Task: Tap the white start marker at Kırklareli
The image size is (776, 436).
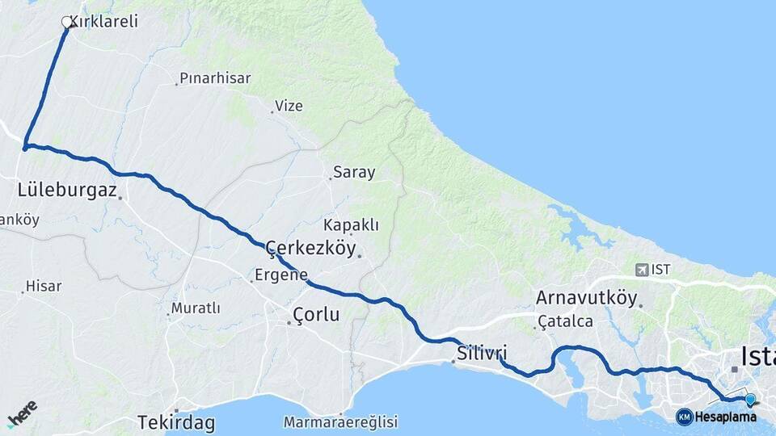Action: [x=67, y=23]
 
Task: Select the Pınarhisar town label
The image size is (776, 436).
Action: [x=216, y=78]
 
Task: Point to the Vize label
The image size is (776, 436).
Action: [x=289, y=106]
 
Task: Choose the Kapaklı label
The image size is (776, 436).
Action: [x=351, y=224]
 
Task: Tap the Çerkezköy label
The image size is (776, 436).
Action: [x=310, y=248]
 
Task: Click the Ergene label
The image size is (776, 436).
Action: [x=281, y=275]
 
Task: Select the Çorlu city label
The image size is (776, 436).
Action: [x=316, y=314]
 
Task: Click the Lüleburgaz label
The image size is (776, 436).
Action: [x=68, y=191]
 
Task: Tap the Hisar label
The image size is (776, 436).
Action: [x=44, y=286]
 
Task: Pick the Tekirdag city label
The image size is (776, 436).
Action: [x=175, y=421]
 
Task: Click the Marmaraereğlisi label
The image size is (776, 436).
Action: [x=341, y=421]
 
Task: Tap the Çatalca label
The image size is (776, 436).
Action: [x=565, y=321]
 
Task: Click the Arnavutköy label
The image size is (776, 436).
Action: [x=586, y=298]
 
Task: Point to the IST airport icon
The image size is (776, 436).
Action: [x=642, y=270]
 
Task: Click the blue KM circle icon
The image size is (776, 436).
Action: [x=684, y=417]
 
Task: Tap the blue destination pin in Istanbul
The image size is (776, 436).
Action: [x=750, y=400]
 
